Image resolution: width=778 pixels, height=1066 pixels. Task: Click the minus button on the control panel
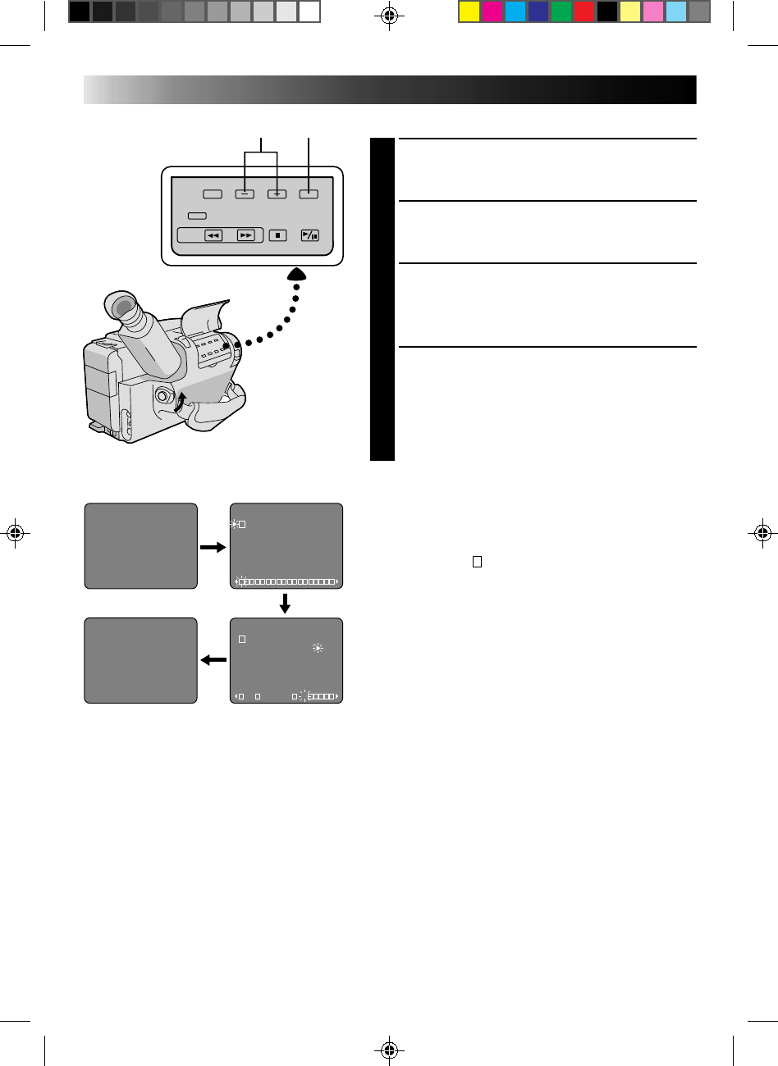tap(244, 194)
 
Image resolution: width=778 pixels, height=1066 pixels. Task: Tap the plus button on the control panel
tap(277, 194)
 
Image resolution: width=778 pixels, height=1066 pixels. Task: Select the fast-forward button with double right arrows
tap(245, 235)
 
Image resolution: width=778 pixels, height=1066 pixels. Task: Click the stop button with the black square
tap(277, 235)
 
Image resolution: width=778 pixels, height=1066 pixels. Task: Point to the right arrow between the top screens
tap(213, 546)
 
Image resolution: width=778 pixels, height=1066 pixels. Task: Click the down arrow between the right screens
tap(286, 603)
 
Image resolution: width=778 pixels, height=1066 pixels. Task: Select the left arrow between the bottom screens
tap(213, 659)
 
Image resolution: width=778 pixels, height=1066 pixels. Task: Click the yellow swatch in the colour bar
tap(469, 11)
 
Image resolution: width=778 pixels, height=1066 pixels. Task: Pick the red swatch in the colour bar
tap(584, 11)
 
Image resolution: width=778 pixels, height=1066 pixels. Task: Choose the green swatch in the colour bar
tap(561, 11)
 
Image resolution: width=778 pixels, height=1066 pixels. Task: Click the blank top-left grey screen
tap(141, 545)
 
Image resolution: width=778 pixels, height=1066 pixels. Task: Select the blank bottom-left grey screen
tap(141, 660)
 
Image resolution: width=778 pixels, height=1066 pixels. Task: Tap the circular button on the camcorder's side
tap(162, 399)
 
